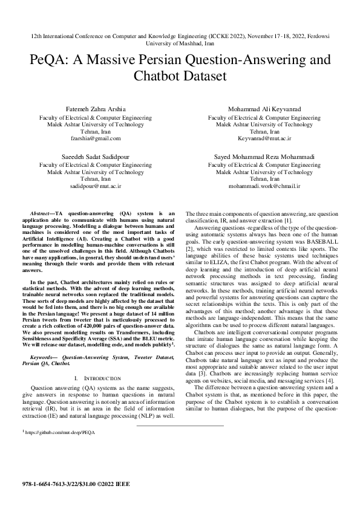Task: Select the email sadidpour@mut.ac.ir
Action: (x=96, y=187)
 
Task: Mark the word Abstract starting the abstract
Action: (x=42, y=214)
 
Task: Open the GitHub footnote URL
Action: (x=60, y=433)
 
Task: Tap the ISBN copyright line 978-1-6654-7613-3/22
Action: (x=75, y=484)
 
